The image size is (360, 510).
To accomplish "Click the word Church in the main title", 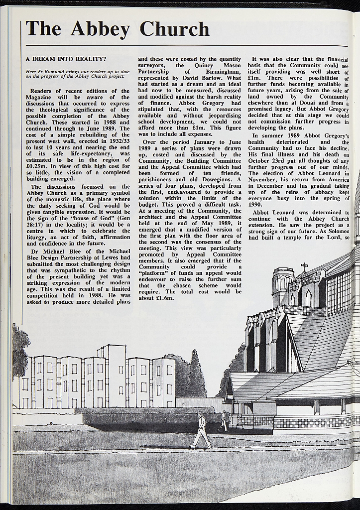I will [x=174, y=29].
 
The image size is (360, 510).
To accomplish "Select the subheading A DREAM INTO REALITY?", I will [x=66, y=59].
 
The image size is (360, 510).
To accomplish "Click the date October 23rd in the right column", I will [x=269, y=161].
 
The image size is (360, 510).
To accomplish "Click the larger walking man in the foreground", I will [x=201, y=431].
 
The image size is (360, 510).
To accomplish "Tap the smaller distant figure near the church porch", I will [x=223, y=421].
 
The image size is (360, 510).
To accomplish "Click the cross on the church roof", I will [x=304, y=267].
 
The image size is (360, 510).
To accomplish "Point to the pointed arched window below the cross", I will [x=308, y=298].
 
